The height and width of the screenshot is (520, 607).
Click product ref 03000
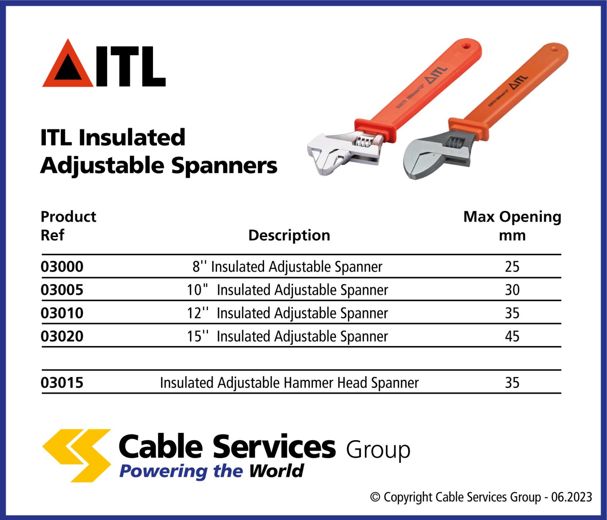(x=62, y=267)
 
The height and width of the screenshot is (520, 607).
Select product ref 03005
(x=62, y=290)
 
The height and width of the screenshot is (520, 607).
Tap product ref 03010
(x=62, y=313)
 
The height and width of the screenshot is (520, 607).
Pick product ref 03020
(x=62, y=337)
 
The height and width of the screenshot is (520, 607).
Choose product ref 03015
(x=62, y=383)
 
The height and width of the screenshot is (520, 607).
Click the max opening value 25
(x=512, y=267)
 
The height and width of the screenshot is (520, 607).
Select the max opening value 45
(x=512, y=337)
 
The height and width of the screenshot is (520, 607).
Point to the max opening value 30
(x=512, y=290)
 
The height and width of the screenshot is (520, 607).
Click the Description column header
(x=289, y=236)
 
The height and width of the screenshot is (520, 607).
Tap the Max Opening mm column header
(x=512, y=226)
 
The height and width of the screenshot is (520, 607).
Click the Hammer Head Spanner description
(x=289, y=383)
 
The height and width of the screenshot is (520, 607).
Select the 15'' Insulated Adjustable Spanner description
(x=287, y=337)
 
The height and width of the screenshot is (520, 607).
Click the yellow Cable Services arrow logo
(x=77, y=455)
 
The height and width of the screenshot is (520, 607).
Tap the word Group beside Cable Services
(x=378, y=450)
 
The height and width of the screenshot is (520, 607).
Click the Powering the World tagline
(x=211, y=471)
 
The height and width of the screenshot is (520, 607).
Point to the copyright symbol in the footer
(x=375, y=497)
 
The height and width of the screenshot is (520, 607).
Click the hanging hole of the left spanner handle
(x=467, y=46)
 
